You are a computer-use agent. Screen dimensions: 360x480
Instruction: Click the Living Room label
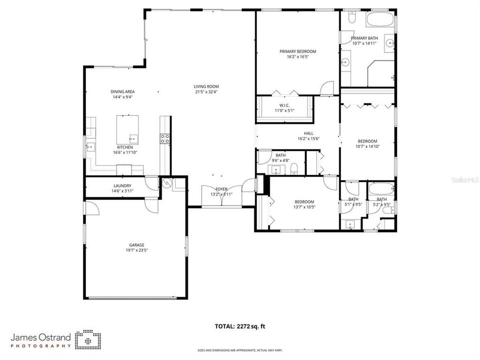point(206,86)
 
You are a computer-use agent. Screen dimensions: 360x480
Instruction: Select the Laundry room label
point(122,186)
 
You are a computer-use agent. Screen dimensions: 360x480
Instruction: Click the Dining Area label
point(122,91)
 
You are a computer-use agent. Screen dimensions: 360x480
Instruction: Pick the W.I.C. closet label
point(284,105)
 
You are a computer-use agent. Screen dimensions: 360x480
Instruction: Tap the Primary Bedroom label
point(298,51)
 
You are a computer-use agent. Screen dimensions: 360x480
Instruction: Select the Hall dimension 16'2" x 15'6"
point(308,138)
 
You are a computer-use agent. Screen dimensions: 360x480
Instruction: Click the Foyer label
point(221,189)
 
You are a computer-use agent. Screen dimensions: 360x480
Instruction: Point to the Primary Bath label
point(364,38)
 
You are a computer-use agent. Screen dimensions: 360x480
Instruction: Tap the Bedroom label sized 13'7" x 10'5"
point(304,201)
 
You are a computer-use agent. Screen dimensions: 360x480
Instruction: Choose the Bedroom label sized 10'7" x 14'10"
point(367,141)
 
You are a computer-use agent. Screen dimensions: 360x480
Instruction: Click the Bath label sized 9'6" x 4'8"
point(281,155)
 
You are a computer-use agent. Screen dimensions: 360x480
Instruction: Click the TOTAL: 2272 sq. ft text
point(240,326)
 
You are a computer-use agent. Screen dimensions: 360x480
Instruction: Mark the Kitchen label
point(125,147)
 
